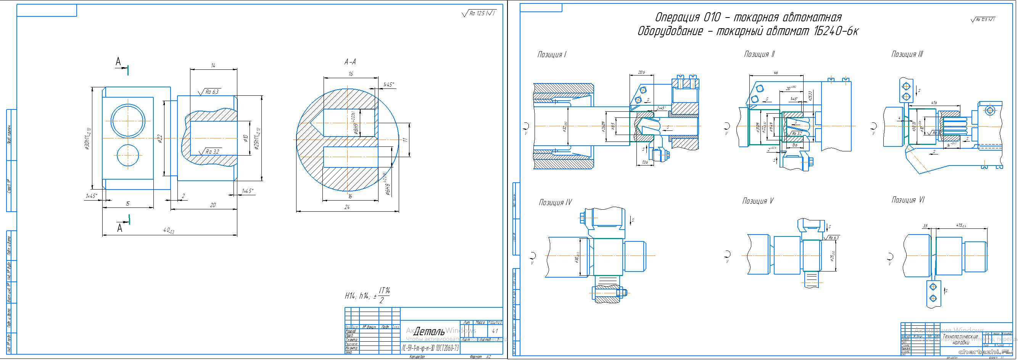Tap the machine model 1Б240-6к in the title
[x=836, y=31]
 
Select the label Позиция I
[x=552, y=55]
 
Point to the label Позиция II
[x=759, y=54]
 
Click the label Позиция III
[x=907, y=54]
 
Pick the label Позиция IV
[x=555, y=202]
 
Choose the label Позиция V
[x=757, y=201]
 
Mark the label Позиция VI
[x=908, y=200]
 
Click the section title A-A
[x=350, y=62]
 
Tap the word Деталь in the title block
[x=429, y=331]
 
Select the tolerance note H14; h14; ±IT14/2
[x=367, y=296]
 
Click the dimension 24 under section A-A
[x=347, y=207]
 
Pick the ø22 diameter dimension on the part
[x=160, y=138]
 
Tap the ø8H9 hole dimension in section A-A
[x=355, y=129]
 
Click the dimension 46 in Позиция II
[x=775, y=73]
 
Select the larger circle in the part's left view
[x=128, y=121]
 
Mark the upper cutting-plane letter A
[x=118, y=62]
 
